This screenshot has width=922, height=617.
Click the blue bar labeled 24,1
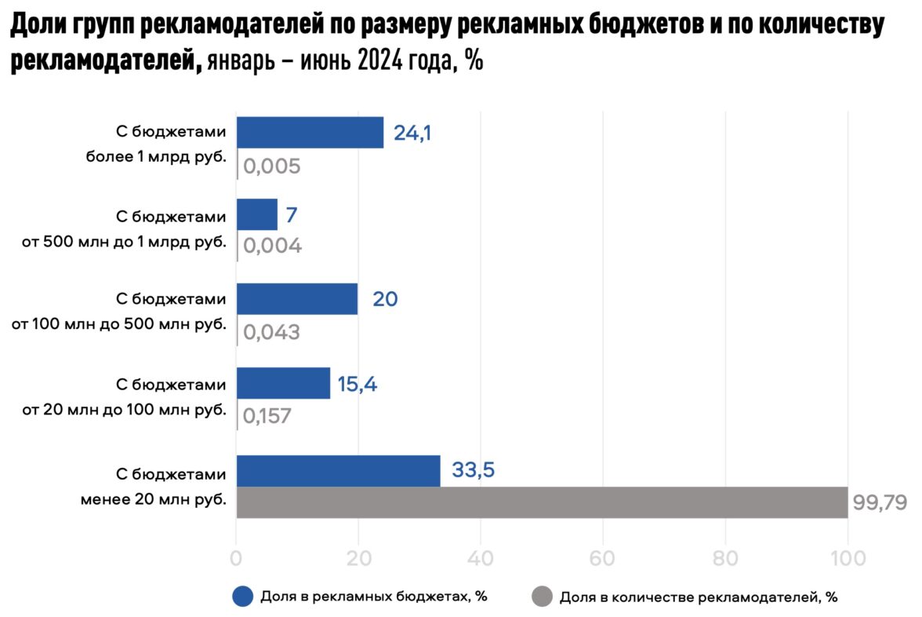pos(310,133)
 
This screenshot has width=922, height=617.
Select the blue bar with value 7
pos(256,214)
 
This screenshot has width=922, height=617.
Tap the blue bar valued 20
pos(296,299)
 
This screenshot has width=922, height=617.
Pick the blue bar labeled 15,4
pos(283,383)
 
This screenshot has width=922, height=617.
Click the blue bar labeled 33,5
pos(338,471)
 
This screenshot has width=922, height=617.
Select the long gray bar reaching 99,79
pos(541,502)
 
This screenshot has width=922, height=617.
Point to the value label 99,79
pos(880,502)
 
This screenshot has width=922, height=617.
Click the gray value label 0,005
pos(272,167)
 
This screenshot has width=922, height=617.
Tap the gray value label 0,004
pos(272,246)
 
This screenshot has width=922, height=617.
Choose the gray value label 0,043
pos(271,331)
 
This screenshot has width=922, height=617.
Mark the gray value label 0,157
pos(267,415)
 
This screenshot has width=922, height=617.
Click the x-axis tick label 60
pos(603,558)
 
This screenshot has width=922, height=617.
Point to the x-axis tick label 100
pos(848,558)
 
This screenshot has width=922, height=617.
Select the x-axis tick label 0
pos(236,558)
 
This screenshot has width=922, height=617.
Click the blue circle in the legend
pos(242,597)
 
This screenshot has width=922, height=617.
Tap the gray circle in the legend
pos(542,597)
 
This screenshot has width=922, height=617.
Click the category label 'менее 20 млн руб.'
pos(154,498)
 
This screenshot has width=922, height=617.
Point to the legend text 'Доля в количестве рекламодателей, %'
pos(699,597)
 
